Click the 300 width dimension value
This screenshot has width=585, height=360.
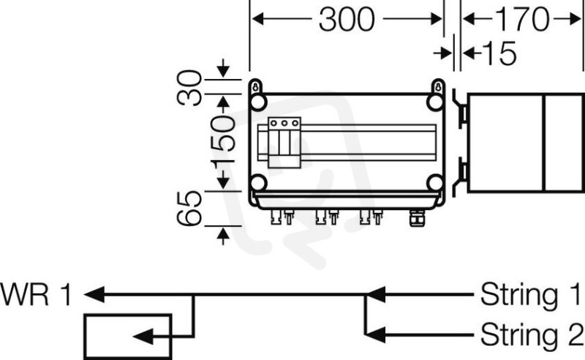[x=347, y=20]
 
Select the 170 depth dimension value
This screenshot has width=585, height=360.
[x=522, y=20]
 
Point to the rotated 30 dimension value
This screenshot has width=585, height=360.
[x=189, y=87]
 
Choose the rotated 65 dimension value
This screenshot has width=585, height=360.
[x=189, y=209]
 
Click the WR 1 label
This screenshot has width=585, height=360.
[x=35, y=295]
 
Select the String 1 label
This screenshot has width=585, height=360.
[x=532, y=295]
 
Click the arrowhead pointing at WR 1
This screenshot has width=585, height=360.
[x=94, y=295]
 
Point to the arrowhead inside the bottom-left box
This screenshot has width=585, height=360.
[x=143, y=337]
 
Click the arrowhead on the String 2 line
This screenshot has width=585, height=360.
[x=375, y=334]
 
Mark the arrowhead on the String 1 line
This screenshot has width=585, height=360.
[x=375, y=295]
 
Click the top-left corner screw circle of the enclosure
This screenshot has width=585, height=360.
[x=258, y=102]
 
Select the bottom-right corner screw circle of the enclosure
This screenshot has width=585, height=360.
[x=435, y=183]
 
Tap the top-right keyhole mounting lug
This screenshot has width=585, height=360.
[x=438, y=86]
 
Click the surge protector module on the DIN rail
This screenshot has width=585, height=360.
[x=284, y=143]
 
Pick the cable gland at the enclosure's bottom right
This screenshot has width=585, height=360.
[x=417, y=218]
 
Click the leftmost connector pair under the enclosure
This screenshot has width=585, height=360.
[x=282, y=217]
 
